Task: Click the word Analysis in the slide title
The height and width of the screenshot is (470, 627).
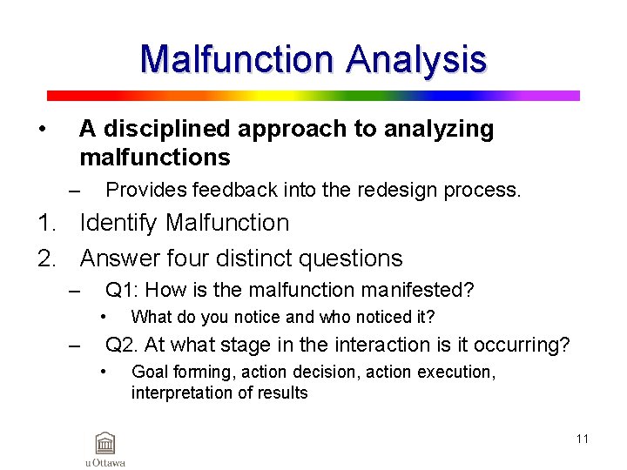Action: (x=415, y=59)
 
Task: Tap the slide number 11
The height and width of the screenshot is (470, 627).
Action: (x=582, y=439)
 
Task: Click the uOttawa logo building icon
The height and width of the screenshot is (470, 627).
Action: (x=105, y=442)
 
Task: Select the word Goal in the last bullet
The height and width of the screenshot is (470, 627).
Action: (x=148, y=372)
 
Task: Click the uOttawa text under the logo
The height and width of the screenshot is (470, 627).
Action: (x=105, y=462)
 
